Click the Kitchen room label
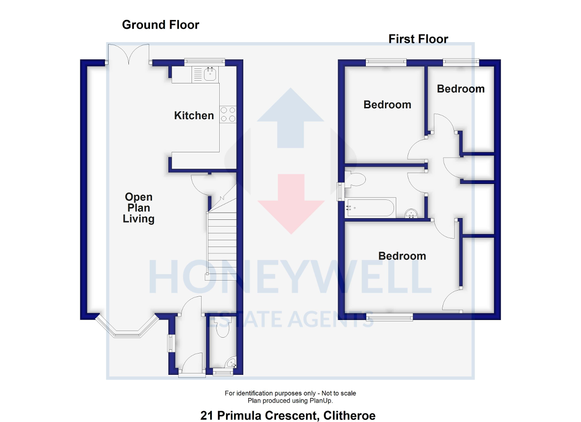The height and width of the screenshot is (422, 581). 194,116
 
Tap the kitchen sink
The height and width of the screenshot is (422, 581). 209,74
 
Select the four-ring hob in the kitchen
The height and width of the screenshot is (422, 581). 228,114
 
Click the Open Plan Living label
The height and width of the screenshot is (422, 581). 139,208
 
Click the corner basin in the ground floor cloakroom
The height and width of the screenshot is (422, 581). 231,363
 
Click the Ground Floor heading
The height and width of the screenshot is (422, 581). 161,24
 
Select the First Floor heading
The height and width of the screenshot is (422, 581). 418,39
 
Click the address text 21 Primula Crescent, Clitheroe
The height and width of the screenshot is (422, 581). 288,415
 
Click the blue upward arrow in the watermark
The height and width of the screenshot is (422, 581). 290,118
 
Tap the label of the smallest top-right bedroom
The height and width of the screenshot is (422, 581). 461,89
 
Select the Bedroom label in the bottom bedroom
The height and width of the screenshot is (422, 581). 402,256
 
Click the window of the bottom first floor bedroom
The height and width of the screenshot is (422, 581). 389,317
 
